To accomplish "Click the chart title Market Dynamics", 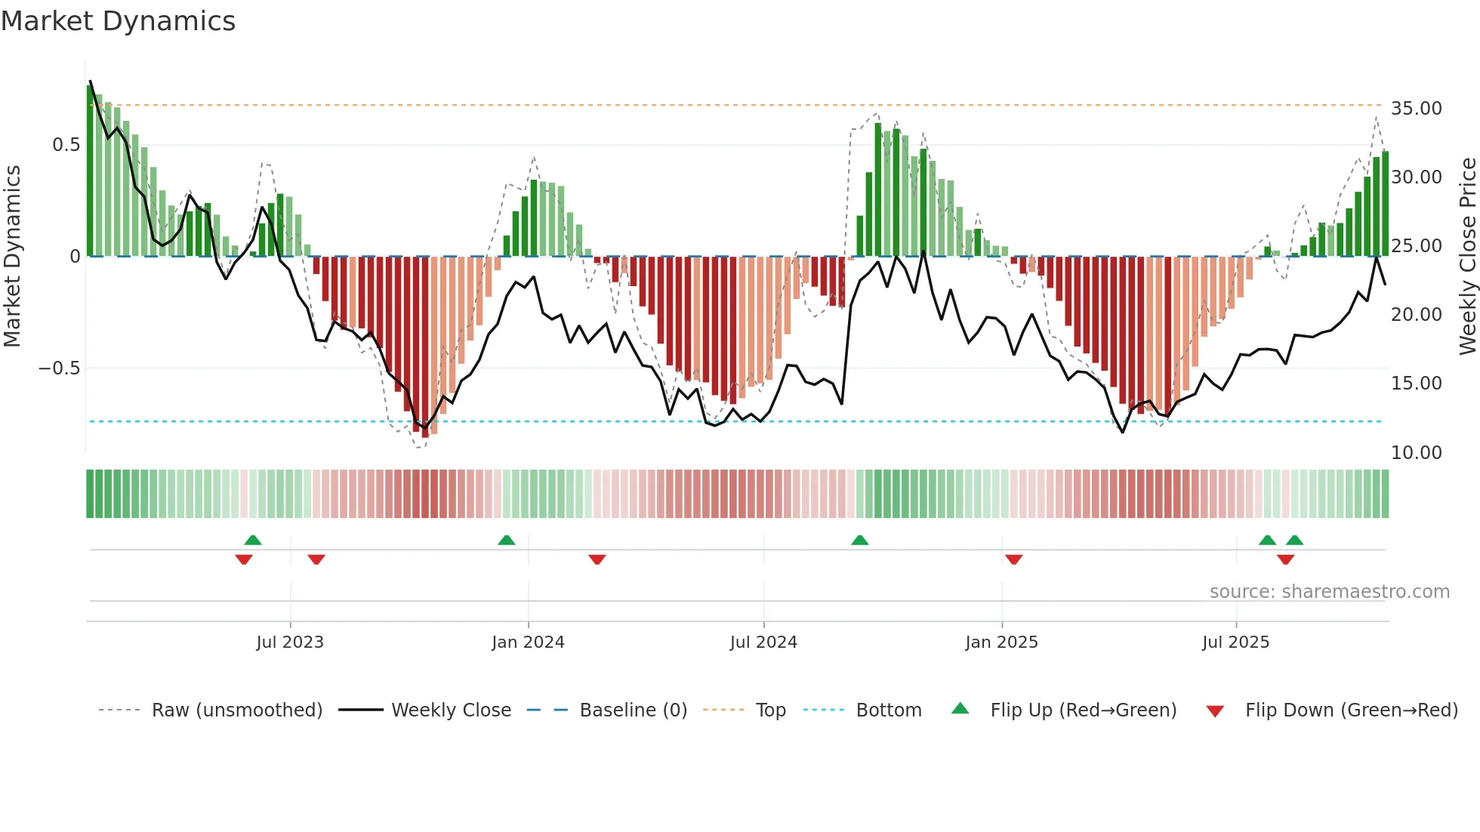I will [x=118, y=21].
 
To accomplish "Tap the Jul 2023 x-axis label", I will [x=290, y=642].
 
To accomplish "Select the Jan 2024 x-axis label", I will [x=528, y=642].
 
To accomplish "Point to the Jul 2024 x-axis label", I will [x=763, y=642].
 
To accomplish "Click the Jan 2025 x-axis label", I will [x=1001, y=642].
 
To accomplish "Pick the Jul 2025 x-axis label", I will [x=1236, y=642].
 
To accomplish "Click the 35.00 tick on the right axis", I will [x=1416, y=109].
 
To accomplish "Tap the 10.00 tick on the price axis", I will [x=1416, y=453].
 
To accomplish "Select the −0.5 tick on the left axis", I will [x=59, y=368].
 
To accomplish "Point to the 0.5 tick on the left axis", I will [x=66, y=145].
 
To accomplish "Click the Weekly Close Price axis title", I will [x=1467, y=257].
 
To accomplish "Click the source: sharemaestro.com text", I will [x=1329, y=592].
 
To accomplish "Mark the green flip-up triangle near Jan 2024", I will [x=507, y=541].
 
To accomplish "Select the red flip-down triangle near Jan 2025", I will [x=1014, y=559].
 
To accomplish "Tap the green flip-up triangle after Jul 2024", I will [x=859, y=541].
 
